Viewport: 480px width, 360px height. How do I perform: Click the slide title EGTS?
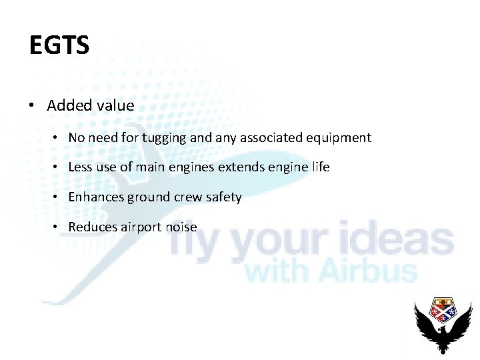[x=59, y=46]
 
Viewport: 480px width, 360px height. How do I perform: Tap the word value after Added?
[x=115, y=105]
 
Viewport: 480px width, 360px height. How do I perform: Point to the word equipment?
[x=340, y=138]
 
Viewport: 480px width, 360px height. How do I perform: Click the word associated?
[x=273, y=138]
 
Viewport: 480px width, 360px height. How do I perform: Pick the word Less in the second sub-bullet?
[x=81, y=167]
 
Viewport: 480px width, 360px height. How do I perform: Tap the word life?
[x=320, y=167]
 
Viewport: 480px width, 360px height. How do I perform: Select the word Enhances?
[x=96, y=197]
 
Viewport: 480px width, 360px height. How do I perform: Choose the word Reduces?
[x=93, y=227]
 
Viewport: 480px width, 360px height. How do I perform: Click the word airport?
[x=141, y=227]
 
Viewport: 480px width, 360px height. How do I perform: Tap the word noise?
[x=181, y=227]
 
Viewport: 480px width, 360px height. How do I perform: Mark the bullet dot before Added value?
[x=31, y=106]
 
